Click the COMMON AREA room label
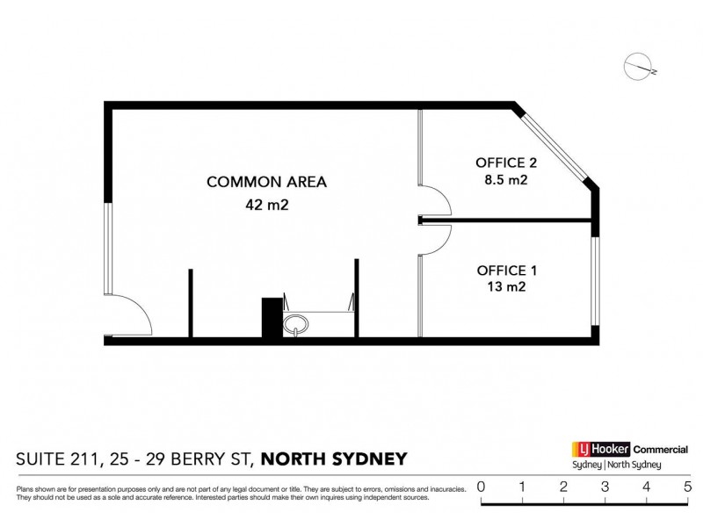pos(266,183)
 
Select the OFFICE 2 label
pos(505,162)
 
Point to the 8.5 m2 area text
pos(505,180)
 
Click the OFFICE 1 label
pos(506,270)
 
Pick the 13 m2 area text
pos(506,287)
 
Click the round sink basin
pos(297,326)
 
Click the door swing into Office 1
pos(435,239)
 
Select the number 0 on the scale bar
pos(481,486)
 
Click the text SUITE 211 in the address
pos(58,458)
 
